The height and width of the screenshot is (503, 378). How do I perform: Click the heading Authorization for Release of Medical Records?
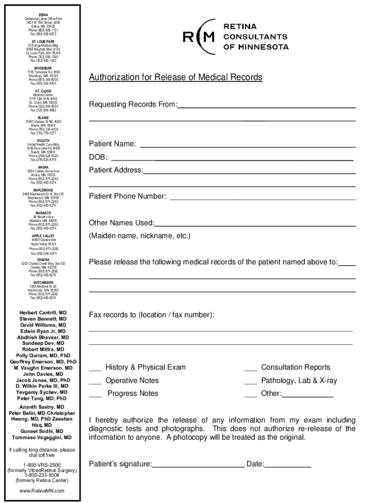coord(175,78)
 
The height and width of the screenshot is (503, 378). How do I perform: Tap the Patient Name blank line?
coord(247,146)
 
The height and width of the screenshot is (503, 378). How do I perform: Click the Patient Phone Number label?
coord(127,196)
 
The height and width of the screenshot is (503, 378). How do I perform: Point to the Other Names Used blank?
coord(255,225)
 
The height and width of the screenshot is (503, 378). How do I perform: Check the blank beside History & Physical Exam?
coord(95,370)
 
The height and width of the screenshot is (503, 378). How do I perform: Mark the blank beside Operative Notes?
coord(95,383)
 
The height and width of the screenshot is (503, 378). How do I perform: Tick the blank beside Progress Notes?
coord(95,396)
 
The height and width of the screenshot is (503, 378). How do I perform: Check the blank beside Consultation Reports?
coord(250,370)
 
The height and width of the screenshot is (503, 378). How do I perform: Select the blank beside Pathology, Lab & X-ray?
coord(250,383)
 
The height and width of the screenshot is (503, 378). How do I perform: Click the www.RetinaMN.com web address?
coord(42,491)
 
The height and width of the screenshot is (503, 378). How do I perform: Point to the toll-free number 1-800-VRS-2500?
coord(42,465)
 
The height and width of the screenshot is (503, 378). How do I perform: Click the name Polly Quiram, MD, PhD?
coord(43,356)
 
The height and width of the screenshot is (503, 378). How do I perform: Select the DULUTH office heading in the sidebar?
coord(43,140)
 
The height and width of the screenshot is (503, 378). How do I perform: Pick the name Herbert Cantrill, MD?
coord(43,313)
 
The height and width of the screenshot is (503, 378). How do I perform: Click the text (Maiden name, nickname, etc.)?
coord(139,236)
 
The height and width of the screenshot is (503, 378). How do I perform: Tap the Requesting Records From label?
coord(133,105)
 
